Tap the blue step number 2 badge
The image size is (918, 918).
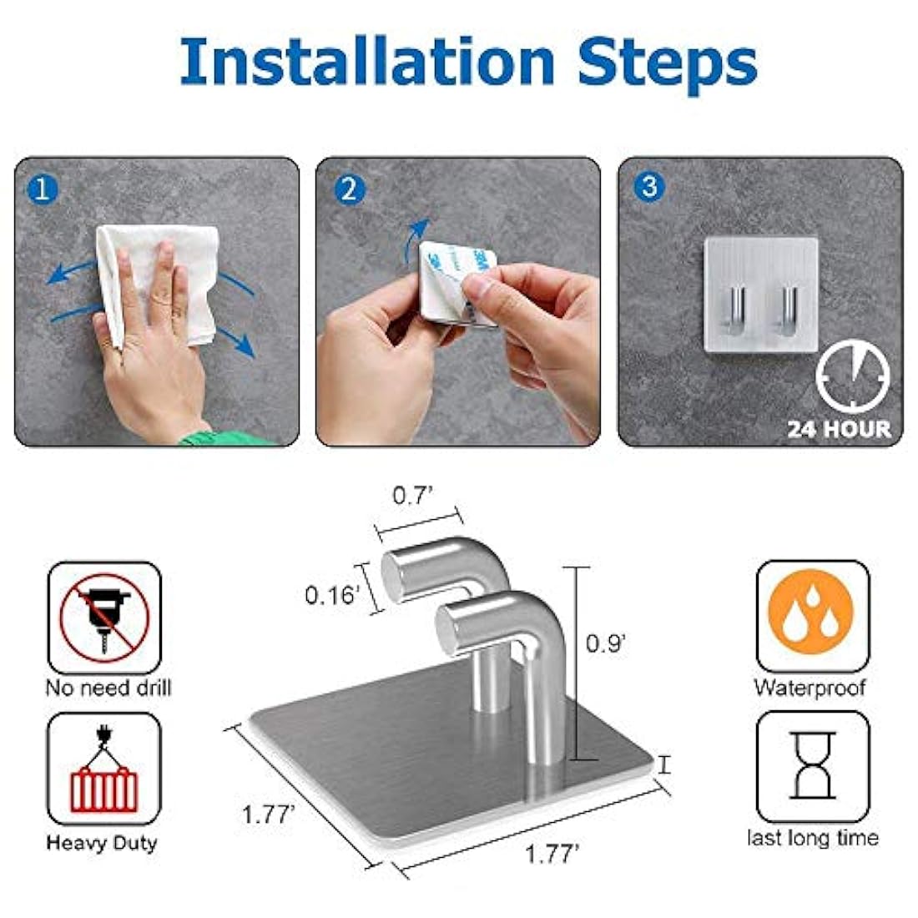click(x=349, y=189)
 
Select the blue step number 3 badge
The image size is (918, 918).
click(x=649, y=185)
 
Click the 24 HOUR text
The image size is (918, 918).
click(x=839, y=430)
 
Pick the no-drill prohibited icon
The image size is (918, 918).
click(x=104, y=618)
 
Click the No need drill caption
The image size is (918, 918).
click(x=108, y=688)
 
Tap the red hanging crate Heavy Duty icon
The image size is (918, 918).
click(x=104, y=772)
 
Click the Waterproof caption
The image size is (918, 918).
click(x=810, y=688)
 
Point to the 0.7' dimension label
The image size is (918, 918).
click(x=413, y=495)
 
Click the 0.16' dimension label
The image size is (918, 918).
click(x=333, y=595)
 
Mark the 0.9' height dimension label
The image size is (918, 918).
click(x=606, y=643)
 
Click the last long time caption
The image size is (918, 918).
click(x=812, y=838)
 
